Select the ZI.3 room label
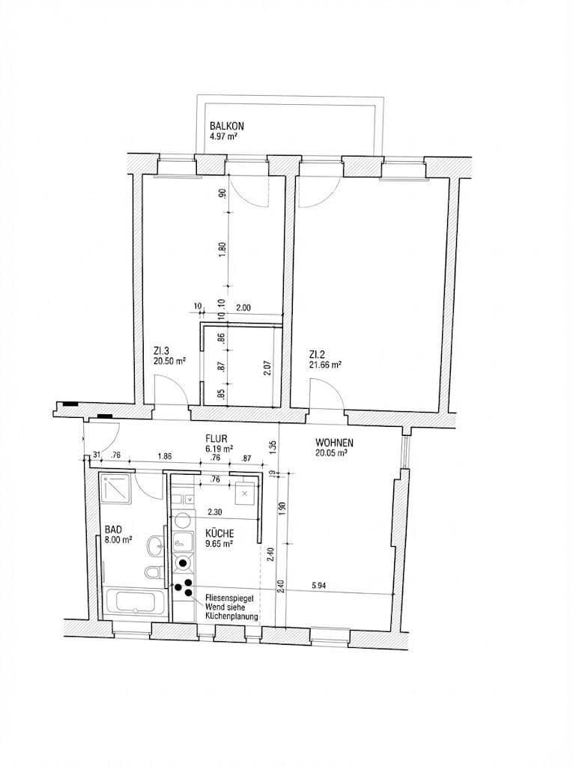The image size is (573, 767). pos(163,351)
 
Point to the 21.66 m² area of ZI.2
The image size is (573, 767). pos(326,365)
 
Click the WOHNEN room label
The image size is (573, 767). pos(334,443)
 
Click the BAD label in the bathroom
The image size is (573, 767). pos(113,529)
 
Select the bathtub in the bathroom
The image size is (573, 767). pos(136,603)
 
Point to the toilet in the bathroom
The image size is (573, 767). pos(154,574)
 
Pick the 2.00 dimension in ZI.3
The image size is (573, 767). pos(242,306)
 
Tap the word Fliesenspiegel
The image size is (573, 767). pos(231,598)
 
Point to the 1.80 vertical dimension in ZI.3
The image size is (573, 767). pos(221,249)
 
